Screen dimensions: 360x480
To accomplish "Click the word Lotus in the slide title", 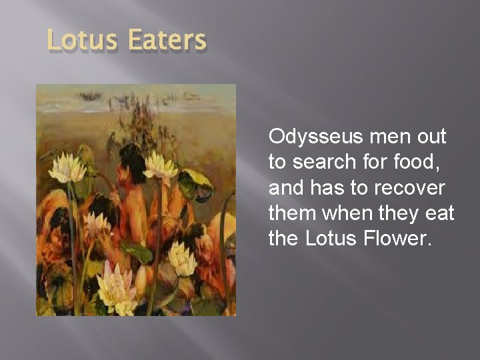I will (79, 41).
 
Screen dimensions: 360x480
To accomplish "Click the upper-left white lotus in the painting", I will (67, 169).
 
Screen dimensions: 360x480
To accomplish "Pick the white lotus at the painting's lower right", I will (181, 257).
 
